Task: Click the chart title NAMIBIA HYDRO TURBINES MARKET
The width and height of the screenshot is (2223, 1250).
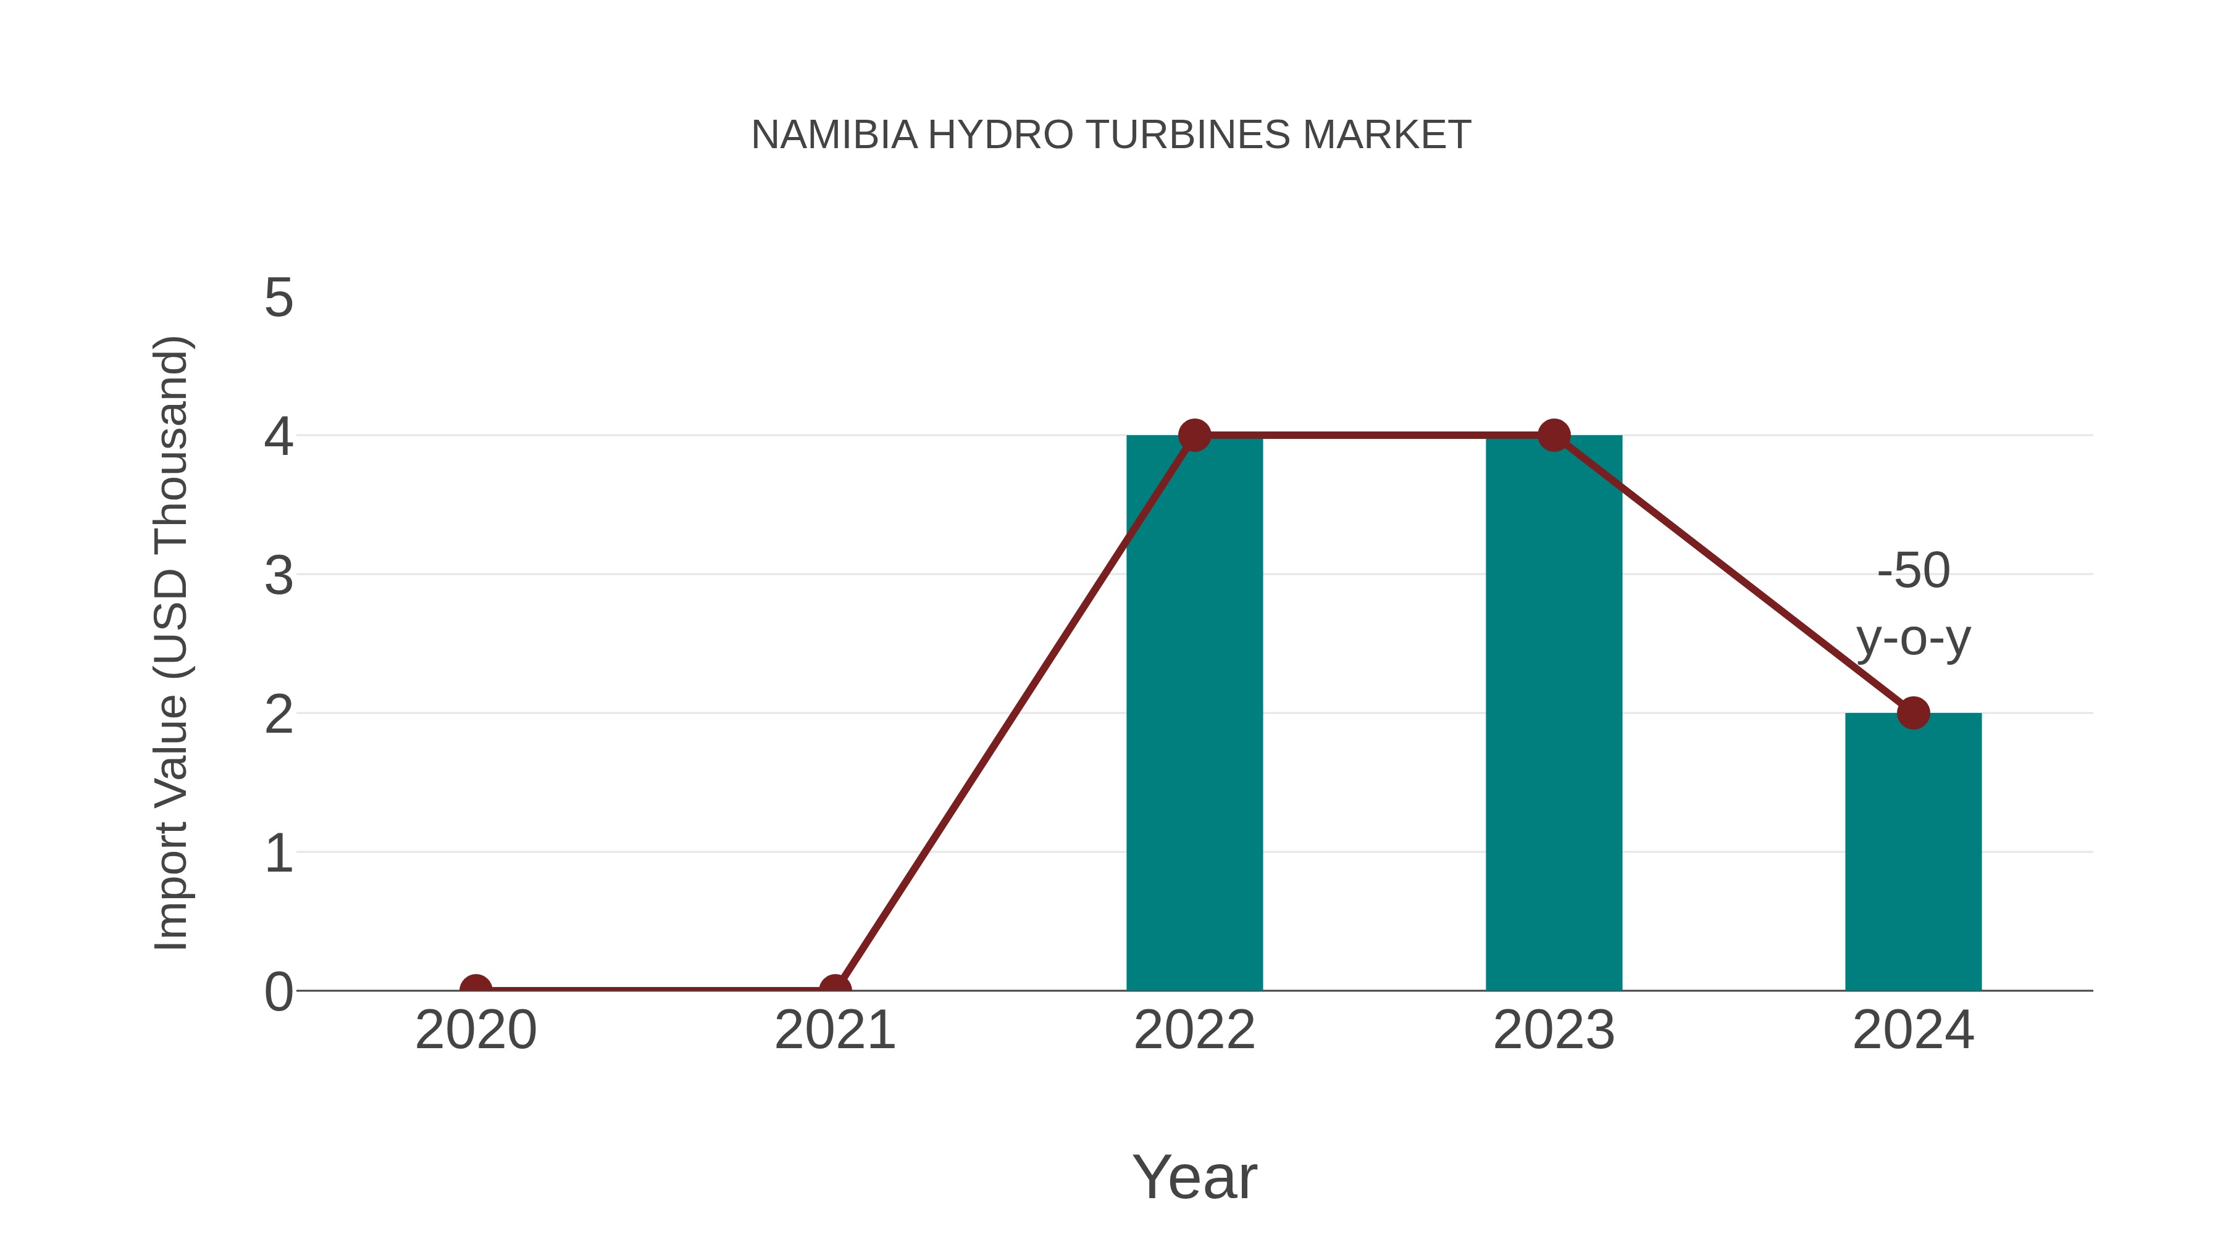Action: (1111, 135)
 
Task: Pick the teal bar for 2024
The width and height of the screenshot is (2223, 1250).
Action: (1913, 854)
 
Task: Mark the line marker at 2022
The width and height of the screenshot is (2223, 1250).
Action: (1194, 436)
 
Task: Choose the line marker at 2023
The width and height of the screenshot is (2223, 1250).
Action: (1554, 436)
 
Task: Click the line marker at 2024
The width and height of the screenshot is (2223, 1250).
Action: (1913, 714)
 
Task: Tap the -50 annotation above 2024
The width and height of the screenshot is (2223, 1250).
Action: (1913, 571)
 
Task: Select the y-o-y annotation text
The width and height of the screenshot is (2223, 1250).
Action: (1913, 640)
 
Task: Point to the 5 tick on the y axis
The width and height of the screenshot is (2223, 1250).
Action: (278, 299)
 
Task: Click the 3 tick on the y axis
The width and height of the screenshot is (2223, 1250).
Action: (278, 575)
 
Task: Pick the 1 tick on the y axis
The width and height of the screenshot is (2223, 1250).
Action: (278, 853)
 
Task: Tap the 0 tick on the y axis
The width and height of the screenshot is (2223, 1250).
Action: (278, 992)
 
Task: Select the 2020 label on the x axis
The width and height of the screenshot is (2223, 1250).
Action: (475, 1031)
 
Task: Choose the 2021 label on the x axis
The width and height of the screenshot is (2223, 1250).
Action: (834, 1031)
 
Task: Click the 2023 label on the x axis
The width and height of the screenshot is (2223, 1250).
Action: (1554, 1031)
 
